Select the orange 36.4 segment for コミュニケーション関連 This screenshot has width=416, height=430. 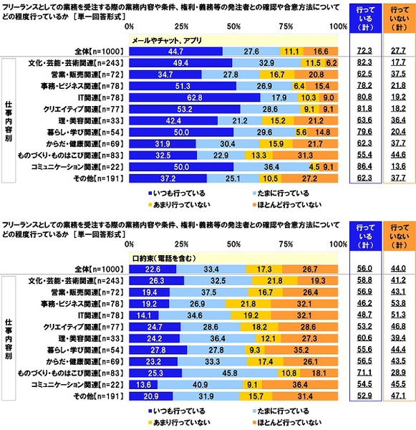point(303,385)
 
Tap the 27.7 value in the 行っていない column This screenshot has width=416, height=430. point(397,52)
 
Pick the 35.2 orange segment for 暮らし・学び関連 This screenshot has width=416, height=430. point(304,350)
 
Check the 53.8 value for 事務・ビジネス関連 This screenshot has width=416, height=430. point(397,303)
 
